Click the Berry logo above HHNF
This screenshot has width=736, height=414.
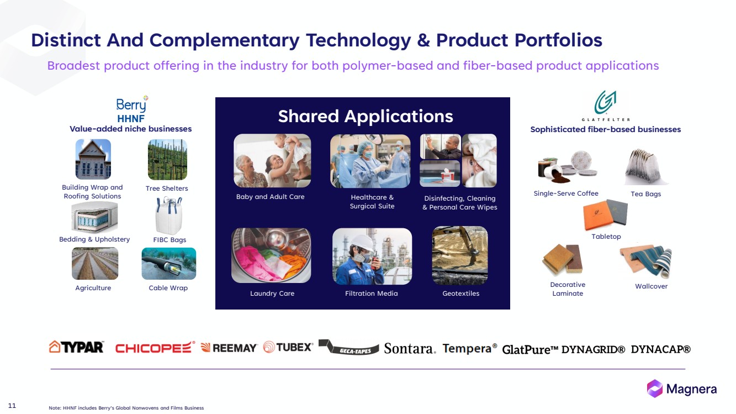(x=132, y=104)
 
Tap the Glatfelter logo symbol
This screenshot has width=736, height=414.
(x=605, y=102)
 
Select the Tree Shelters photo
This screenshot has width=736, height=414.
(x=167, y=160)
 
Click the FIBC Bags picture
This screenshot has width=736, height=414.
(x=169, y=216)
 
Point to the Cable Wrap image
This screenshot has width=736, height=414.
(x=169, y=264)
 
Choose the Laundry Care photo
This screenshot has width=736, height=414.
(x=271, y=255)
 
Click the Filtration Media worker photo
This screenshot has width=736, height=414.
(x=372, y=256)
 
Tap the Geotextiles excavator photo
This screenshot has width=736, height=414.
(x=460, y=255)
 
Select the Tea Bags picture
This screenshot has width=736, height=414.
(x=645, y=167)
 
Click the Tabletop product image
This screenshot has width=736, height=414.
(x=605, y=214)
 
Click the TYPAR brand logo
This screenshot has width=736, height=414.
(x=77, y=347)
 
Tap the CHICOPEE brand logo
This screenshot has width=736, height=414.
(x=155, y=347)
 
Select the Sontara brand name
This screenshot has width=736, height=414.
(x=410, y=348)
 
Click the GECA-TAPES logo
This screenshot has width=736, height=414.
(x=348, y=347)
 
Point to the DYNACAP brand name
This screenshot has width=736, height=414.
(x=661, y=349)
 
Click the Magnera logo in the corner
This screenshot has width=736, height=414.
(x=682, y=389)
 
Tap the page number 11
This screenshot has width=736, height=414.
(x=12, y=406)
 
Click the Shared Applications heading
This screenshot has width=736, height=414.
(x=366, y=117)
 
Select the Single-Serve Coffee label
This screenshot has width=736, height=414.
(x=566, y=193)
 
